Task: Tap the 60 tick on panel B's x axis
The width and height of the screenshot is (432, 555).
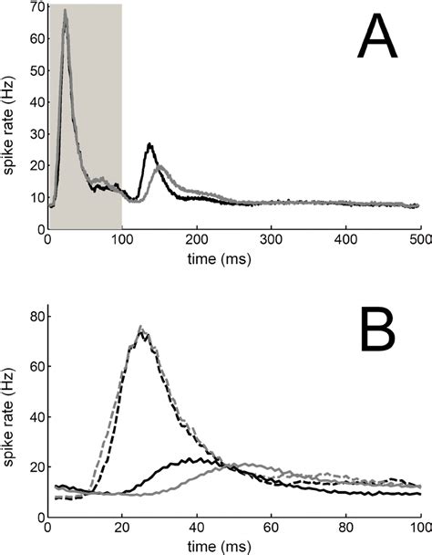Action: click(x=271, y=527)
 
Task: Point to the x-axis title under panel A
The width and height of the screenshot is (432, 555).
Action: click(x=233, y=257)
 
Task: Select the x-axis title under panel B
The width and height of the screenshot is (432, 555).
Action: click(x=233, y=545)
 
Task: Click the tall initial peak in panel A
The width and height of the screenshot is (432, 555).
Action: click(x=65, y=13)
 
